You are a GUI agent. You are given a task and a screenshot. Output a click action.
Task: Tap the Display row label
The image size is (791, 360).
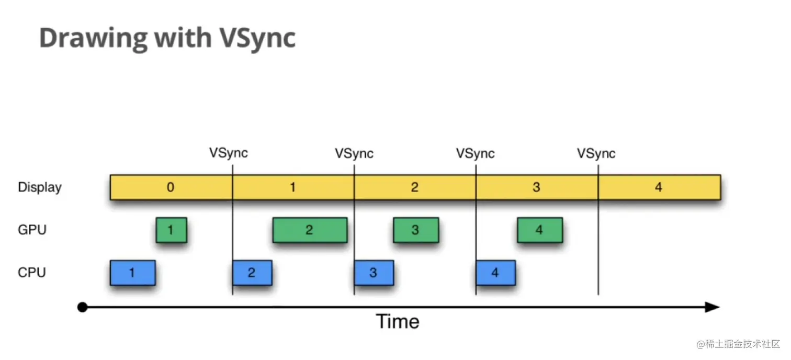tap(40, 187)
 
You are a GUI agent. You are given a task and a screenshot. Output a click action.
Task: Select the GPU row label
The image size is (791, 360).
tap(32, 229)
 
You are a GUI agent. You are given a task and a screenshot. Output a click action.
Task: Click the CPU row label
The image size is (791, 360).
tap(32, 273)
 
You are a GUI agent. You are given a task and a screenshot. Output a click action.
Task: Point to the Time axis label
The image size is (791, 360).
tap(398, 321)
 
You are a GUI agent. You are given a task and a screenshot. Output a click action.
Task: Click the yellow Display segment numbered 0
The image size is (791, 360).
tap(171, 187)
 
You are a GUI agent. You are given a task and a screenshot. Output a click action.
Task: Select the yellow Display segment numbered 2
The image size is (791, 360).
tap(415, 187)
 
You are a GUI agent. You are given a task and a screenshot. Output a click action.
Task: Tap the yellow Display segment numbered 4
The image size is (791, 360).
tap(659, 187)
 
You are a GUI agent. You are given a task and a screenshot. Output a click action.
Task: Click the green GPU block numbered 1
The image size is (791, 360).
tap(171, 230)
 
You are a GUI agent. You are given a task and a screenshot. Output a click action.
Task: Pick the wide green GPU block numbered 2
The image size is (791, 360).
tap(310, 230)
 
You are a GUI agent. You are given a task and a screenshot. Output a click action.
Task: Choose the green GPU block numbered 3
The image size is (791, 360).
tap(416, 230)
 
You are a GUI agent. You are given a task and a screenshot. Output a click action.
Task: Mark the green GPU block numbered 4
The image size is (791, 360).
tap(540, 230)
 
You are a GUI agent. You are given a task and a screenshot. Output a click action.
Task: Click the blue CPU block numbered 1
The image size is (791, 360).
tap(132, 273)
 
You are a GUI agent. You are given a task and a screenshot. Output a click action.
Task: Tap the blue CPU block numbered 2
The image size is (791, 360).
tap(252, 273)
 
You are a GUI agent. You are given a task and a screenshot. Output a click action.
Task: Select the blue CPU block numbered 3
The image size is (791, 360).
tap(374, 273)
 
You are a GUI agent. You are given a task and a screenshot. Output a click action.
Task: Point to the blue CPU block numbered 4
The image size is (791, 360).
tap(495, 273)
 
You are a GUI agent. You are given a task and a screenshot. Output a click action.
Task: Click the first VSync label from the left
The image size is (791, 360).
tap(229, 153)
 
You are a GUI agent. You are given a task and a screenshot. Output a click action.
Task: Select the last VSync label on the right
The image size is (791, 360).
tap(596, 153)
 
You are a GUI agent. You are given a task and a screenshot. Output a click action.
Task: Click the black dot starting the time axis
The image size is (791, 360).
tap(82, 307)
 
